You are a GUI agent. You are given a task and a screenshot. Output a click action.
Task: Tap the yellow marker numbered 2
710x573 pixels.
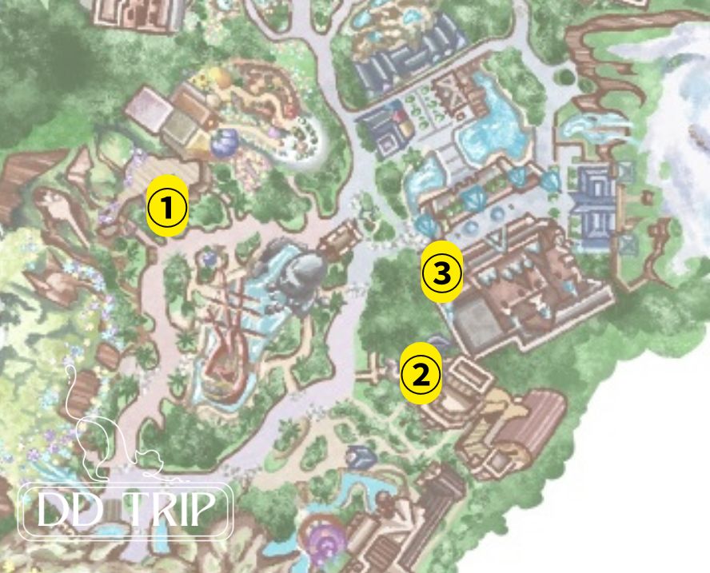coord(421,373)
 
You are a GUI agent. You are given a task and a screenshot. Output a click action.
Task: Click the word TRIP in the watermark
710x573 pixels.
coord(176,510)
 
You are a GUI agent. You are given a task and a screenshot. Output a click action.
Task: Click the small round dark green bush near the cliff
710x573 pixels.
coord(566,78)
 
